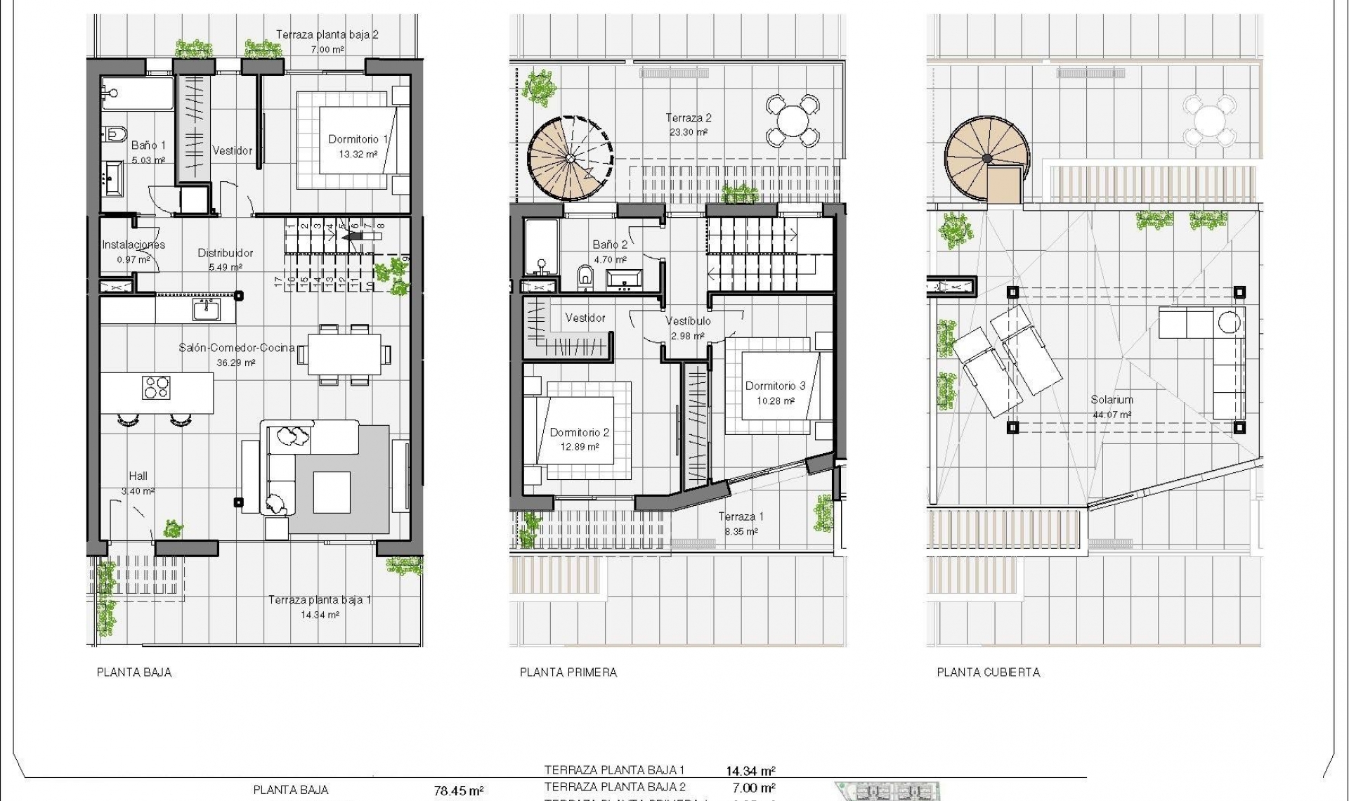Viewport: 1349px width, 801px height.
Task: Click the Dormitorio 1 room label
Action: [358, 139]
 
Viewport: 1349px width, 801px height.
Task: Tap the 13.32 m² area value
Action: [358, 155]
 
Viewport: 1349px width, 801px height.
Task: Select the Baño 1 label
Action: [148, 145]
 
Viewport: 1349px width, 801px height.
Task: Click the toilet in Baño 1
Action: [115, 133]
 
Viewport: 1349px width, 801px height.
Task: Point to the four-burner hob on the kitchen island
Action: [156, 387]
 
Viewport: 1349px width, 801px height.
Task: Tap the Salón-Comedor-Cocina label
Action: [236, 348]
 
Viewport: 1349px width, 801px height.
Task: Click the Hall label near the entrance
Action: [138, 476]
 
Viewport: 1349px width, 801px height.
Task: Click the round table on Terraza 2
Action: [793, 120]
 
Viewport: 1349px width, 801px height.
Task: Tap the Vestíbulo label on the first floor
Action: [688, 321]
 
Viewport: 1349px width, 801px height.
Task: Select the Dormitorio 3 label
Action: [775, 386]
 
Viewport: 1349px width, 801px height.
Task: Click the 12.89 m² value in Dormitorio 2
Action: [579, 447]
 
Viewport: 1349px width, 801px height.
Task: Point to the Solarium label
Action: [1112, 400]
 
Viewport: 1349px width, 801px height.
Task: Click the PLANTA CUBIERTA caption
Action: [988, 672]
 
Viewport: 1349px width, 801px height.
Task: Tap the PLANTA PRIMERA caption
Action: [568, 672]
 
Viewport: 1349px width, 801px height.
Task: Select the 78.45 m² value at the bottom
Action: [458, 791]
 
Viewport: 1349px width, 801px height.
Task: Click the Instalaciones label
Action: [133, 245]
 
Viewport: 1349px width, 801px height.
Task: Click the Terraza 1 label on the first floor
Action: [741, 516]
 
